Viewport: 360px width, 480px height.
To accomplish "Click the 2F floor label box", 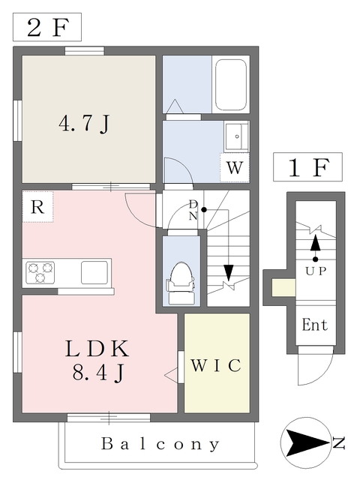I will [46, 28].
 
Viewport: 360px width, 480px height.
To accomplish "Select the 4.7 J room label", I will [84, 122].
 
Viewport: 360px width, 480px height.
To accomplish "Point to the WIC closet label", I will [216, 365].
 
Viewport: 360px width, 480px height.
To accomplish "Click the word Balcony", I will [161, 443].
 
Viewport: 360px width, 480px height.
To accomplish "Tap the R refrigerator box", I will [37, 208].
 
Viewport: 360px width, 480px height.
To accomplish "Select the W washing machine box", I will [235, 168].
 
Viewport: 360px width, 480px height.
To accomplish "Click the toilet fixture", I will [181, 282].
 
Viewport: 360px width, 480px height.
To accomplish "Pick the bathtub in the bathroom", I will [232, 86].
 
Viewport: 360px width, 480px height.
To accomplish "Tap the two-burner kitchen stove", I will [40, 271].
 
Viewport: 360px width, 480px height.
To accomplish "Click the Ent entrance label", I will [314, 325].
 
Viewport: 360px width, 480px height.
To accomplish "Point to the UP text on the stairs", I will [315, 271].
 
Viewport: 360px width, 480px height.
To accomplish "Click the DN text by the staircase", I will [193, 209].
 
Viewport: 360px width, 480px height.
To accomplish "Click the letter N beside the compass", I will [339, 443].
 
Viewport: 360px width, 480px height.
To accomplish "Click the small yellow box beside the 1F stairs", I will [282, 287].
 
